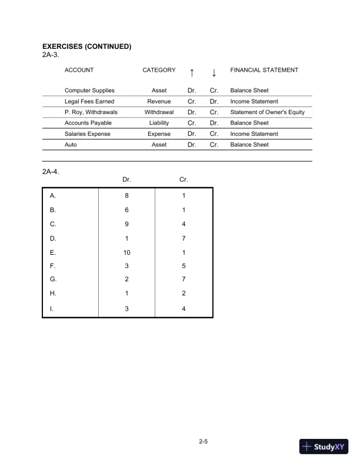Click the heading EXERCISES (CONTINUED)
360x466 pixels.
tap(86, 46)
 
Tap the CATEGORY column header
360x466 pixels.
tap(159, 70)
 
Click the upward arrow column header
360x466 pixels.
tap(192, 72)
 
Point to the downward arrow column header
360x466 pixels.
tap(214, 72)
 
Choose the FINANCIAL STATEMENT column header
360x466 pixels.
tap(264, 70)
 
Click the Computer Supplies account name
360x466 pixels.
tap(89, 91)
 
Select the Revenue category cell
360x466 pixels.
tap(159, 101)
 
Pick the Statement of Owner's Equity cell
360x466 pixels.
tap(268, 112)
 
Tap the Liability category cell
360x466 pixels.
tap(159, 123)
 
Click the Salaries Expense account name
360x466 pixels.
tap(87, 134)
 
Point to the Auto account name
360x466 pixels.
tap(71, 144)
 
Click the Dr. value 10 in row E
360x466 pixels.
tap(126, 252)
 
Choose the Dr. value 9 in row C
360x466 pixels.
tap(126, 224)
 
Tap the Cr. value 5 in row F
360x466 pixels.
tap(184, 267)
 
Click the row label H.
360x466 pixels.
tap(53, 294)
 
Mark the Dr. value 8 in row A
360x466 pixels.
tap(126, 196)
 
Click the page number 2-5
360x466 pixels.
tap(204, 441)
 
